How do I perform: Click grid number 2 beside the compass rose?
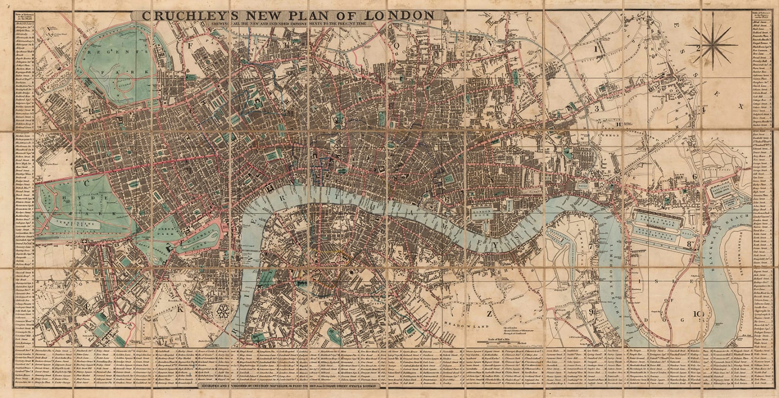coord(698,48)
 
